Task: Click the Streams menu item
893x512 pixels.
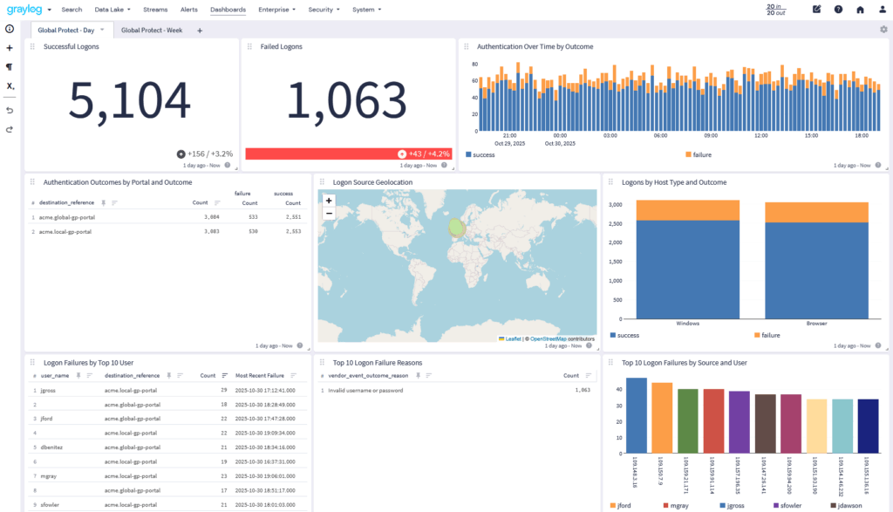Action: coord(155,10)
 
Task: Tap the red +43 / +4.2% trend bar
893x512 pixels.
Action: coord(348,154)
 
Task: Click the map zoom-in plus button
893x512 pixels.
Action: coord(329,200)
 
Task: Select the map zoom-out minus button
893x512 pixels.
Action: coord(329,212)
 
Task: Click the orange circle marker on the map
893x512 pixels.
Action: coord(458,228)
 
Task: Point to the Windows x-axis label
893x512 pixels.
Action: coord(688,323)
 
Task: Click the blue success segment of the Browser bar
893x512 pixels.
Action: coord(816,270)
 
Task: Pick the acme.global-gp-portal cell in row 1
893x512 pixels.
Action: coord(67,216)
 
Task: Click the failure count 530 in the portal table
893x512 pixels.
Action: coord(253,232)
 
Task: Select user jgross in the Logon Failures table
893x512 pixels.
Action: coord(50,391)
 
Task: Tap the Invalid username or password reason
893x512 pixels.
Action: coord(366,391)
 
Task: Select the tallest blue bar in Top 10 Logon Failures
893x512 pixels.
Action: coord(637,414)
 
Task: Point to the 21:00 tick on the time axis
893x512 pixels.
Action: coord(510,136)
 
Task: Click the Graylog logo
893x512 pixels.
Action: coord(24,10)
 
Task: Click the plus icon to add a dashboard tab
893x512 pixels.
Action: coord(200,31)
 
